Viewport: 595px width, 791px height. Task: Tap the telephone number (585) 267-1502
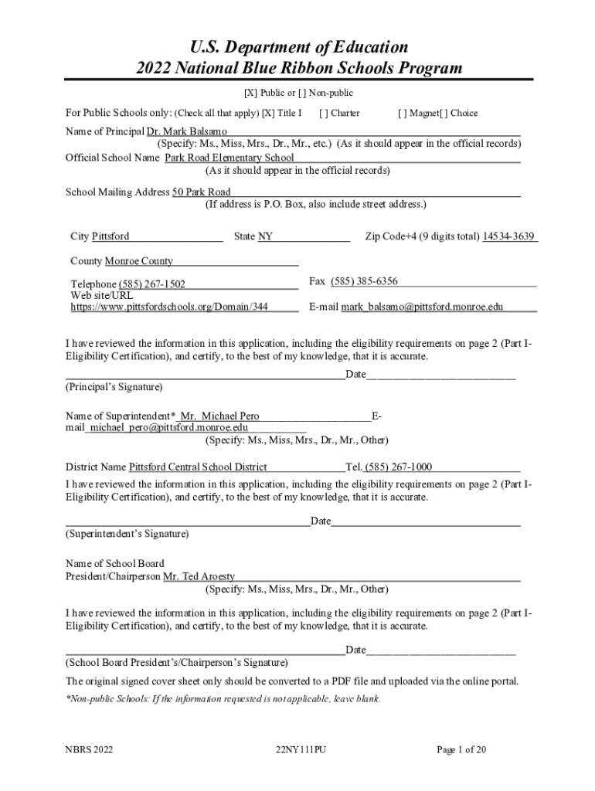(151, 284)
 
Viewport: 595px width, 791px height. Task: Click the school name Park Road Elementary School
(229, 158)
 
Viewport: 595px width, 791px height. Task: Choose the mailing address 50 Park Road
(201, 192)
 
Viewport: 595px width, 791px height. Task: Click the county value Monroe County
(139, 261)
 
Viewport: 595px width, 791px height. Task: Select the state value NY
(265, 236)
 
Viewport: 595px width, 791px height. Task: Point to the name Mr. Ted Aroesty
(199, 576)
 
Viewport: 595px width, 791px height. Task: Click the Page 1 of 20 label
(461, 749)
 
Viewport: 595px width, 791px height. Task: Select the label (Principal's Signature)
(114, 386)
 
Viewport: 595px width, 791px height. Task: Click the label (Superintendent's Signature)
(127, 534)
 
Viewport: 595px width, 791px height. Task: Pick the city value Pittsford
(110, 236)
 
